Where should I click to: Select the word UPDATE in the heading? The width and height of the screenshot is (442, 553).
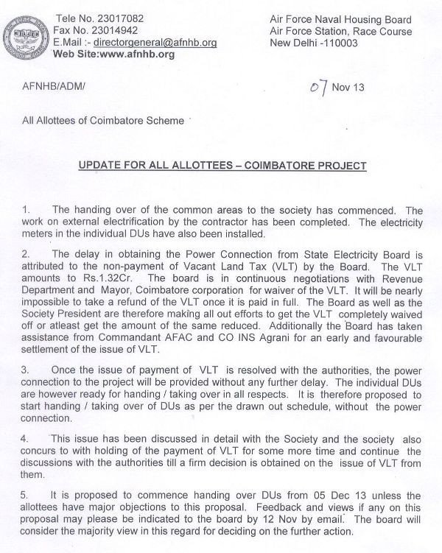pos(105,166)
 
